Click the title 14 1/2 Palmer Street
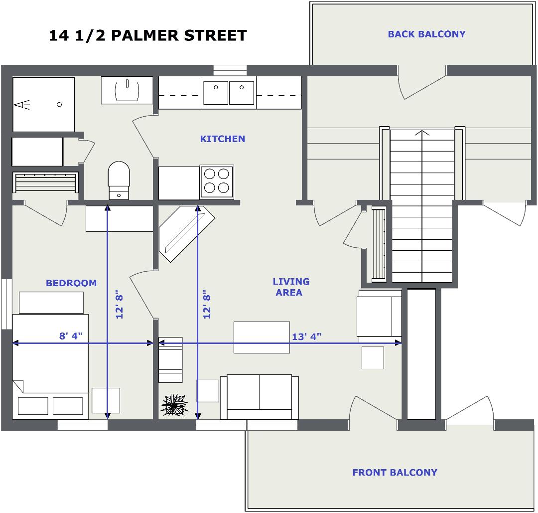tap(148, 35)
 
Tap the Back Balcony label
tap(426, 34)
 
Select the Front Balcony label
tap(395, 472)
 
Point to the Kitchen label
tap(223, 139)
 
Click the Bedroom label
tap(71, 283)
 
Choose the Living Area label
tap(291, 287)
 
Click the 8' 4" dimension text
tap(71, 336)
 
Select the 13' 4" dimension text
tap(307, 337)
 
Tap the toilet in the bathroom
tap(119, 180)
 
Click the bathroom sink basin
tap(127, 91)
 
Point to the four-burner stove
tap(217, 181)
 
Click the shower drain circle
tap(59, 104)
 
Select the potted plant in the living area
tap(174, 405)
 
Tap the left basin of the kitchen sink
tap(216, 93)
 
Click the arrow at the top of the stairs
tap(422, 133)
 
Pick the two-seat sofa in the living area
tap(260, 397)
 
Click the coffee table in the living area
tap(262, 337)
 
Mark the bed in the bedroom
tap(50, 366)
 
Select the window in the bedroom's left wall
tap(6, 304)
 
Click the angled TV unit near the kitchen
tap(187, 234)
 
